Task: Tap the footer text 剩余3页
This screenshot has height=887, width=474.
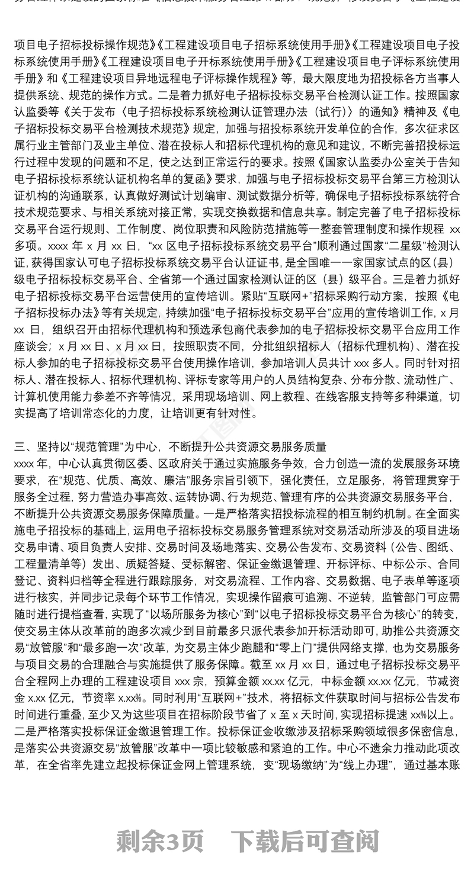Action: point(161,840)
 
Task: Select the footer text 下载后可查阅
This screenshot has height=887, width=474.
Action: point(304,840)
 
